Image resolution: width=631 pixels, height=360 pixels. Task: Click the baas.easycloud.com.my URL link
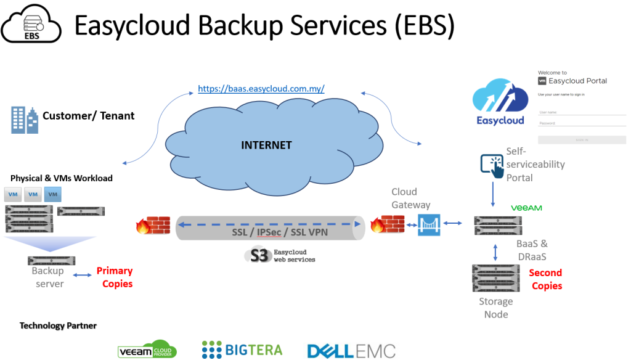(x=261, y=89)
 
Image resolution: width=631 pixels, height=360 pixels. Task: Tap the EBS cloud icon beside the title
(x=31, y=25)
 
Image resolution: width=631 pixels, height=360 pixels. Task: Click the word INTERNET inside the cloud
(x=266, y=145)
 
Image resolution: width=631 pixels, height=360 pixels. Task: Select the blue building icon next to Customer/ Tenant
(x=24, y=120)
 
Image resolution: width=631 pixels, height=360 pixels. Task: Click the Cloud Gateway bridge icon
(x=428, y=224)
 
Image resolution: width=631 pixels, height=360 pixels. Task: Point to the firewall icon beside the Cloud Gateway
(x=388, y=224)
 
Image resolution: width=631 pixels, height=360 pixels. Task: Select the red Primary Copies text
(x=115, y=277)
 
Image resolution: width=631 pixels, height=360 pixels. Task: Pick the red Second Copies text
(x=547, y=279)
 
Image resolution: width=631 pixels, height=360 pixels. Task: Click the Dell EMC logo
(x=351, y=350)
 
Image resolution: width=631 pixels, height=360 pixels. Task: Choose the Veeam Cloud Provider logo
(x=147, y=350)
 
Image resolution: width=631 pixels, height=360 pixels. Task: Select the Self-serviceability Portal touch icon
(x=492, y=165)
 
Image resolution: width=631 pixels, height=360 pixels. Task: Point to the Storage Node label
(x=496, y=308)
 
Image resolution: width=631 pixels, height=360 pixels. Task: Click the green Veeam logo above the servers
(x=526, y=208)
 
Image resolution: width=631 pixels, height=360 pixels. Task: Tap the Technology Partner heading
(x=58, y=325)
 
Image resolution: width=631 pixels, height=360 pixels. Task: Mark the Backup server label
(x=48, y=277)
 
